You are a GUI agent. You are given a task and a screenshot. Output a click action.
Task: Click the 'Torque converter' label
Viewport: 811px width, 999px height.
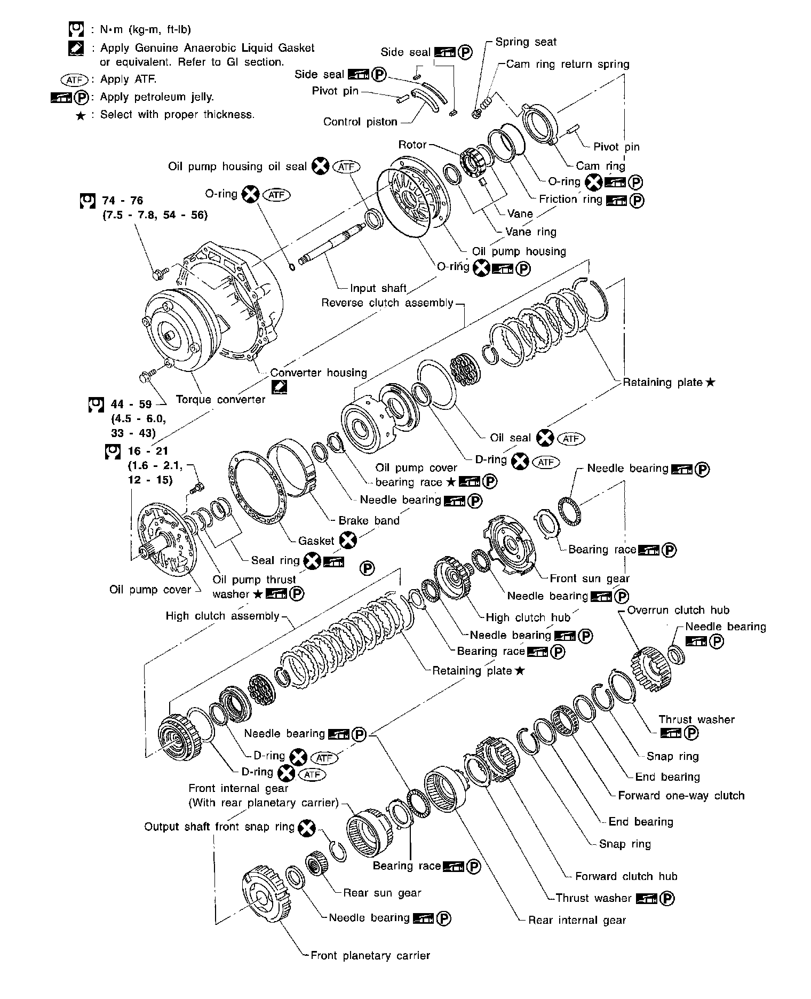click(x=220, y=399)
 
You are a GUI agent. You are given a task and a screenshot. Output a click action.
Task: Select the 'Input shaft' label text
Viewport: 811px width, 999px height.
click(x=378, y=288)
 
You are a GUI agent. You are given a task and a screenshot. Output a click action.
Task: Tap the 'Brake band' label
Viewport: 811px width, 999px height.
click(x=369, y=520)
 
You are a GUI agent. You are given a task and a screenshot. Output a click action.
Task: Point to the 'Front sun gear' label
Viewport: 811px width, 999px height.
click(x=590, y=578)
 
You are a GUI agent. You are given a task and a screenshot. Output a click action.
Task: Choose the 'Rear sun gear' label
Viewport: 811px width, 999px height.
click(x=382, y=893)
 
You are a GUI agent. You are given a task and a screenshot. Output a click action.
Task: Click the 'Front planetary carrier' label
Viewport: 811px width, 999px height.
click(x=370, y=956)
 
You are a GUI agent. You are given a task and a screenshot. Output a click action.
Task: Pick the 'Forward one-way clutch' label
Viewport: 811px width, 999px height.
click(x=681, y=796)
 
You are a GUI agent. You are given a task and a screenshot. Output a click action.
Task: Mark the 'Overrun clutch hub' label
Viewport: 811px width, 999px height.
click(x=678, y=610)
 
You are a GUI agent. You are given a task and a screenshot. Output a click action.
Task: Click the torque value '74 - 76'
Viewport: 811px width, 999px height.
click(x=123, y=201)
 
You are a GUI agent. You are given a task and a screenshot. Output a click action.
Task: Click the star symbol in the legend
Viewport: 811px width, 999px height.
click(x=81, y=115)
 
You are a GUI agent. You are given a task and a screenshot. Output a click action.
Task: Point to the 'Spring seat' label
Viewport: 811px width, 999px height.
click(x=526, y=42)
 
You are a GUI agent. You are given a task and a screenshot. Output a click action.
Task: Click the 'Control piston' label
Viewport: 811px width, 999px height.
click(x=360, y=122)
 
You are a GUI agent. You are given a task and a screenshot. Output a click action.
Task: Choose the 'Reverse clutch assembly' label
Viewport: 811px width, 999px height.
click(x=387, y=303)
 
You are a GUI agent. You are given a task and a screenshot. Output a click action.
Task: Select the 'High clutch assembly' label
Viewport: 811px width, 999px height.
click(x=222, y=616)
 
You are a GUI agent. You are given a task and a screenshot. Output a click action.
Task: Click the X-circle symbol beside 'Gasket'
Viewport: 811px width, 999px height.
click(x=348, y=541)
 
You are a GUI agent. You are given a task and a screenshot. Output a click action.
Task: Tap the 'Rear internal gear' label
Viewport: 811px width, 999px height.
click(x=577, y=920)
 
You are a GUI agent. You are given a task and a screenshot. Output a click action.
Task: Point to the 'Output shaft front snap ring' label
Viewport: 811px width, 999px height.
click(x=219, y=827)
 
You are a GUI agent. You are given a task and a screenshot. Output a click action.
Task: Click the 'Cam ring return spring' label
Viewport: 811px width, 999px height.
click(x=568, y=65)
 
